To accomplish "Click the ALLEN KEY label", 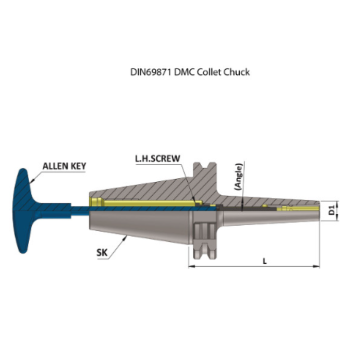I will pos(64,166).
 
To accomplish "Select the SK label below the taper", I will pos(102,252).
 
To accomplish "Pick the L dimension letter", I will pos(265,261).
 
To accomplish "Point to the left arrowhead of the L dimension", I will pos(190,267).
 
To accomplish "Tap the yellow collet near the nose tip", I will pos(288,209).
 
